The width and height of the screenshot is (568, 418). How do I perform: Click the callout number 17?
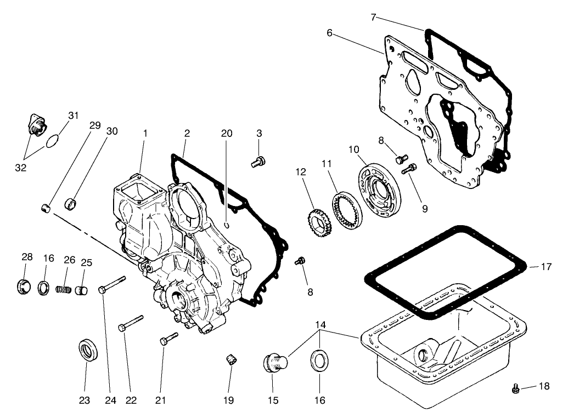click(x=546, y=267)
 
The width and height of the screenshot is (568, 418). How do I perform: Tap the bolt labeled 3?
click(x=258, y=161)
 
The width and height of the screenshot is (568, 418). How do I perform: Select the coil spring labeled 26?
click(x=65, y=287)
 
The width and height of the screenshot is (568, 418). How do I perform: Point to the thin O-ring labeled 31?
click(x=52, y=141)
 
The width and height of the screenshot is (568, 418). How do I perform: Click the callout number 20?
click(x=227, y=133)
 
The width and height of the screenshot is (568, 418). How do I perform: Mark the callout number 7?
click(x=373, y=18)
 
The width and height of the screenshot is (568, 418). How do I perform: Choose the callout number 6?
click(x=329, y=33)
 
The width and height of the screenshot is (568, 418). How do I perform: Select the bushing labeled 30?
click(x=71, y=204)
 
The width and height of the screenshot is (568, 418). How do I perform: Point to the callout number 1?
click(x=145, y=133)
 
